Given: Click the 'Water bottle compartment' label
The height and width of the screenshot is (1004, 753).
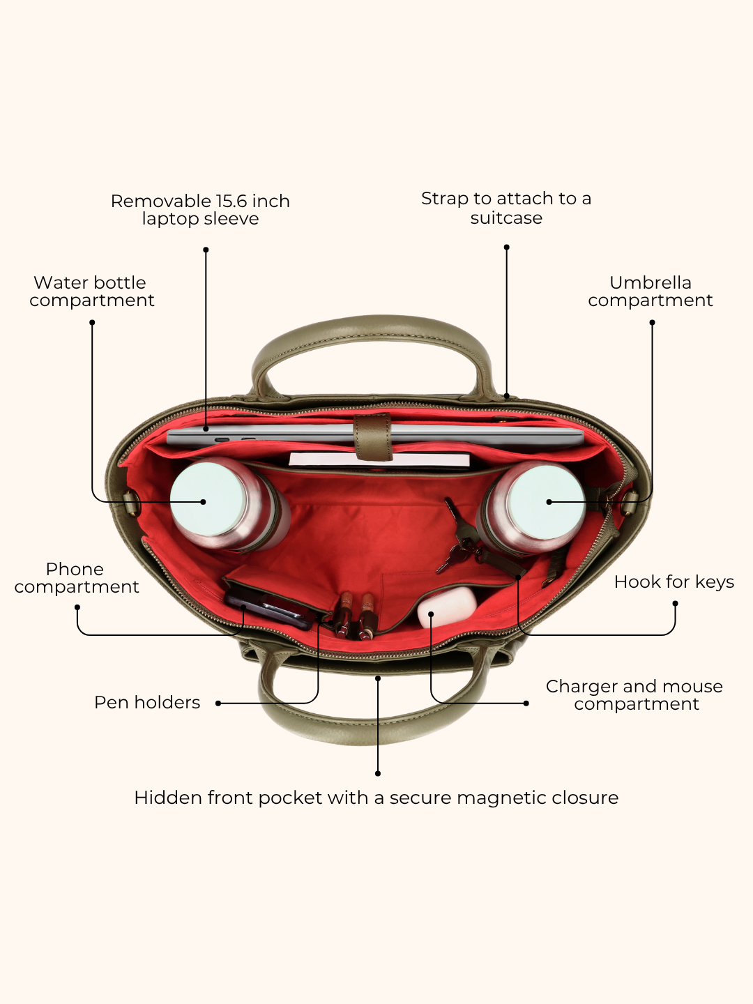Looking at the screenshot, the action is [x=91, y=291].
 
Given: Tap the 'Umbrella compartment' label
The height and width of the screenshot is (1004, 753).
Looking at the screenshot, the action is [x=650, y=291].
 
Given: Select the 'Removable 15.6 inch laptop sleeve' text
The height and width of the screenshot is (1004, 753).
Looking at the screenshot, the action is [x=200, y=209].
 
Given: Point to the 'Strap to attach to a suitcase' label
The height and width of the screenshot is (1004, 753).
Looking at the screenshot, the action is [x=506, y=208].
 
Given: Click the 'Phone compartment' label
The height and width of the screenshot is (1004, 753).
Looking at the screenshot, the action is [x=77, y=578].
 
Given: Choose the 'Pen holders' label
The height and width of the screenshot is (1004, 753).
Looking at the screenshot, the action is [x=147, y=702].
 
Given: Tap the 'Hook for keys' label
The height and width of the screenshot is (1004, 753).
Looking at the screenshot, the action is [x=674, y=581].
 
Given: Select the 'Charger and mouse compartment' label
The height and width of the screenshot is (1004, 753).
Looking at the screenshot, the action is [x=634, y=695].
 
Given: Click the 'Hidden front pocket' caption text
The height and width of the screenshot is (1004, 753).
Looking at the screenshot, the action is [x=376, y=798].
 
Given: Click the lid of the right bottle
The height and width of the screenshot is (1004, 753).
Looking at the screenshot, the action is [x=546, y=502].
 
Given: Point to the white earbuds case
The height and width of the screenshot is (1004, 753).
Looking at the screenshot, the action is [x=447, y=607].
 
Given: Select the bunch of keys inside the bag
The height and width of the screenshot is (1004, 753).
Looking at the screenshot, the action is [x=459, y=538].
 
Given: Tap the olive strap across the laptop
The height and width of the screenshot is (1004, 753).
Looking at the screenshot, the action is [x=373, y=437].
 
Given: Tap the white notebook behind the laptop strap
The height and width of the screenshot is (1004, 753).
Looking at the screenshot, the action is [x=379, y=460].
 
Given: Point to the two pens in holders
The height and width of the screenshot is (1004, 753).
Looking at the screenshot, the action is [x=356, y=615].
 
